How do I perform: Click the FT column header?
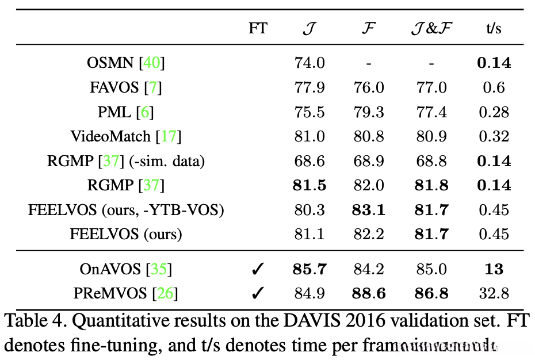[x=258, y=28]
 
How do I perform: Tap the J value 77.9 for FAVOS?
[x=309, y=87]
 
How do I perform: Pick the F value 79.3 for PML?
[x=369, y=112]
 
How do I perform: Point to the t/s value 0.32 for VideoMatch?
[x=494, y=136]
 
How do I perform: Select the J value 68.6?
[x=309, y=160]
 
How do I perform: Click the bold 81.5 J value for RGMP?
[x=309, y=185]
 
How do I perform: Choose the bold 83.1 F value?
[x=369, y=210]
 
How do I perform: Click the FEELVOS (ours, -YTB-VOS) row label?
[x=125, y=210]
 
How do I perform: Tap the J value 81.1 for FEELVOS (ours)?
[x=309, y=234]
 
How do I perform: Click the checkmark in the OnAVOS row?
[x=258, y=269]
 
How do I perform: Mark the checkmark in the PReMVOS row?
[x=258, y=294]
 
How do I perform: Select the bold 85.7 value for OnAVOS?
[x=309, y=269]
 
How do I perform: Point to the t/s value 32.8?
[x=494, y=294]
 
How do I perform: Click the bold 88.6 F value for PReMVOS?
[x=369, y=294]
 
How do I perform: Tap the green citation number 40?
[x=152, y=63]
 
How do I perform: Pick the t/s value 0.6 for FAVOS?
[x=494, y=87]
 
